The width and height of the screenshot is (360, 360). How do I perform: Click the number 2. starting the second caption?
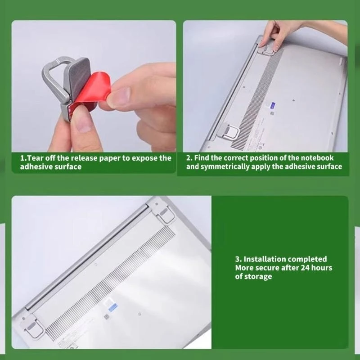(189, 158)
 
